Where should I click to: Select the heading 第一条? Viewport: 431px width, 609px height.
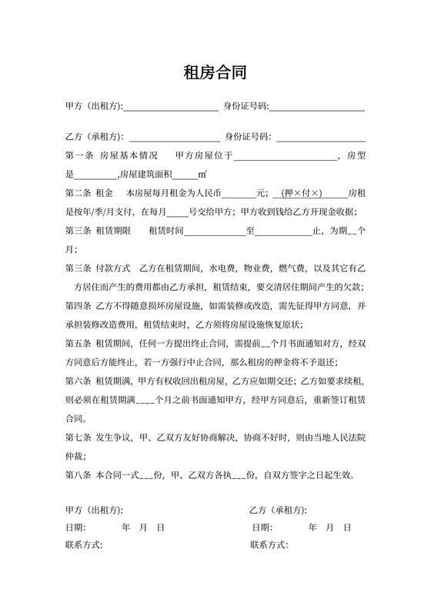[79, 156]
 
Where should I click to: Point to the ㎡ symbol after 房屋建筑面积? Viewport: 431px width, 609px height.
[202, 175]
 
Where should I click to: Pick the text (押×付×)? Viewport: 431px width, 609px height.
[302, 194]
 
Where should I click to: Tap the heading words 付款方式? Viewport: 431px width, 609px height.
[114, 268]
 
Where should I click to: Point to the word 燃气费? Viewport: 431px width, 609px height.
[291, 268]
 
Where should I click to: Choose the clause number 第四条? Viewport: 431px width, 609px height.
[79, 306]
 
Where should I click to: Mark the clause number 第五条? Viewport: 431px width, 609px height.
[79, 343]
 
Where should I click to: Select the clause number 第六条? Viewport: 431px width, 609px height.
[79, 381]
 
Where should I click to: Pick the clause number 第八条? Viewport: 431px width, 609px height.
[79, 474]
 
